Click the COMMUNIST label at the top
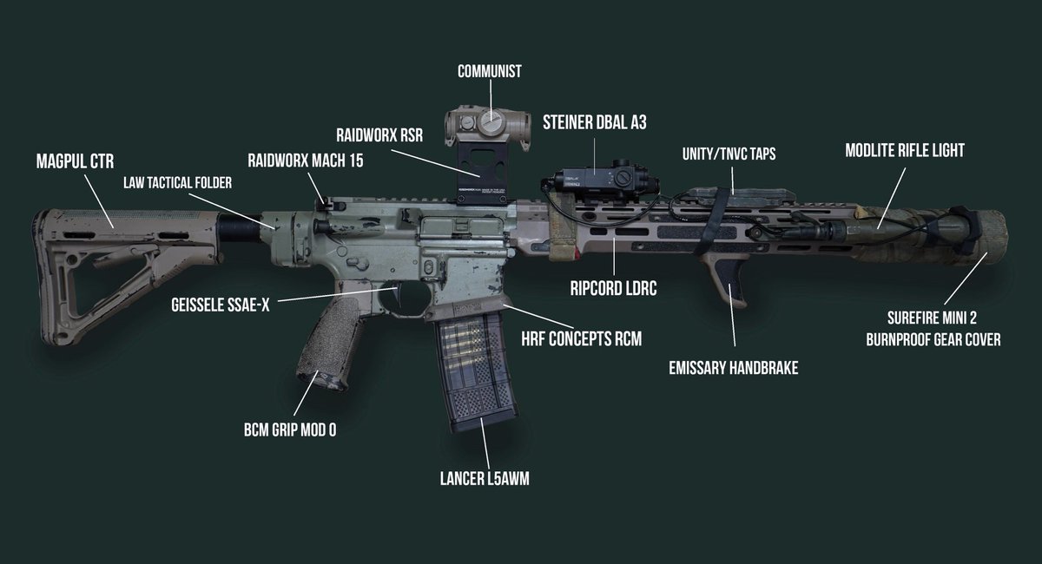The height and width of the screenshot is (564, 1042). [490, 71]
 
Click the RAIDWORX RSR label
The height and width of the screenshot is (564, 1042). [379, 134]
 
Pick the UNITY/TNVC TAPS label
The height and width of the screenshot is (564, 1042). [729, 153]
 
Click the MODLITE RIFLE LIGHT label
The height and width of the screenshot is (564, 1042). [905, 150]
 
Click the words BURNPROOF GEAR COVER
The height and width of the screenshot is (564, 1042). [933, 339]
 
